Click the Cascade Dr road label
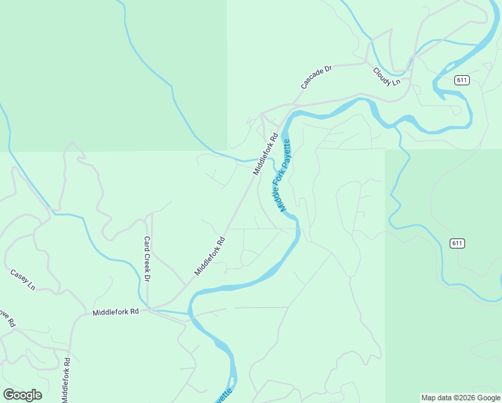tap(317, 77)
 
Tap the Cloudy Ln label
tap(387, 76)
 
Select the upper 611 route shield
tap(461, 80)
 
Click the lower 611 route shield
tap(458, 243)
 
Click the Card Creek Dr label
tap(146, 259)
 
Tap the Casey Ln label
tap(22, 279)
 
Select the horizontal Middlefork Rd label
tap(115, 312)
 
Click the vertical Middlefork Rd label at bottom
tap(67, 379)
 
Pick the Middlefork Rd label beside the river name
tap(265, 155)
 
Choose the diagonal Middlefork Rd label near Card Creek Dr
tap(210, 255)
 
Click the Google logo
tap(22, 395)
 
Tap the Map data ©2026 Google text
tap(460, 398)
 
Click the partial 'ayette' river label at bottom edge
tap(225, 395)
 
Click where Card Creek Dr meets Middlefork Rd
tap(148, 309)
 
